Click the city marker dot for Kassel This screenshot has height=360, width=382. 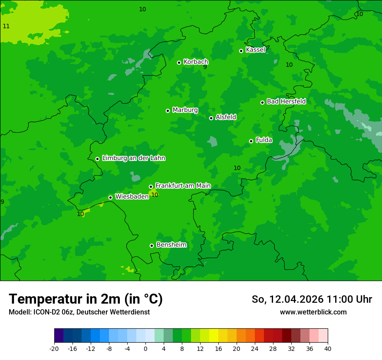241,51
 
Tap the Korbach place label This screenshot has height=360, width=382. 196,62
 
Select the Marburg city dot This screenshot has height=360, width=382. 168,111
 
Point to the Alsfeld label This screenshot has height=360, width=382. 226,117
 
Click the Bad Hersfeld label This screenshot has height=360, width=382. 286,101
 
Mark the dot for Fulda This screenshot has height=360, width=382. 251,141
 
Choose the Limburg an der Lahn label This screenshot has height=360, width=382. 133,158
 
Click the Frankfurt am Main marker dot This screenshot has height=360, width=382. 151,187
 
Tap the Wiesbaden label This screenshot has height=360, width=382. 132,196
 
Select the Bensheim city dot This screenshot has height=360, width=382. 151,245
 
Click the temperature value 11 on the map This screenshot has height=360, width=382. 6,26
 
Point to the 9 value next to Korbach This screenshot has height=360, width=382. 205,67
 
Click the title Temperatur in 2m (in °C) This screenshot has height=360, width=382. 86,299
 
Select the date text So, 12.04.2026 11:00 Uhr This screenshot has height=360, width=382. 312,299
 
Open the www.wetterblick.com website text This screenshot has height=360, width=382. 313,312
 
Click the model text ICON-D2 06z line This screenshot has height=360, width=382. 79,312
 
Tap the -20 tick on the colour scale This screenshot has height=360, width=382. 54,348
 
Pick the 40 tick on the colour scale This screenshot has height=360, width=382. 328,348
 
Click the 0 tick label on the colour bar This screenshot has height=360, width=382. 145,348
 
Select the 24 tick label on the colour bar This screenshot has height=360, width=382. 255,348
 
